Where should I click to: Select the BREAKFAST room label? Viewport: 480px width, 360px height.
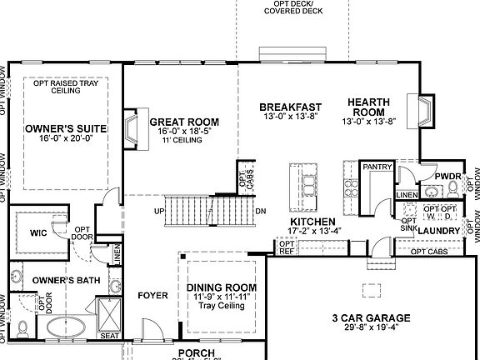pyautogui.click(x=290, y=107)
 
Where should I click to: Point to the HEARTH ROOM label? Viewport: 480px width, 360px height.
pyautogui.click(x=367, y=107)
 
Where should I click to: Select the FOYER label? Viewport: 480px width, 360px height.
pyautogui.click(x=153, y=294)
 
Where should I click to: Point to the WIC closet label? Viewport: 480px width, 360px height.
pyautogui.click(x=37, y=232)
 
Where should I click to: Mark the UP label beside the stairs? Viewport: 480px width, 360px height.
pyautogui.click(x=157, y=211)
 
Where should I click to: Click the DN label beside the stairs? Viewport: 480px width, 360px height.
pyautogui.click(x=261, y=211)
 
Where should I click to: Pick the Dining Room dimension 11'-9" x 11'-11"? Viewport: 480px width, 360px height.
pyautogui.click(x=221, y=297)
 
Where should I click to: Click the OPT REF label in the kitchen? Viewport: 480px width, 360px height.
pyautogui.click(x=287, y=248)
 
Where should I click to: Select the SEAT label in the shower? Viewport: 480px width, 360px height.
pyautogui.click(x=109, y=336)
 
